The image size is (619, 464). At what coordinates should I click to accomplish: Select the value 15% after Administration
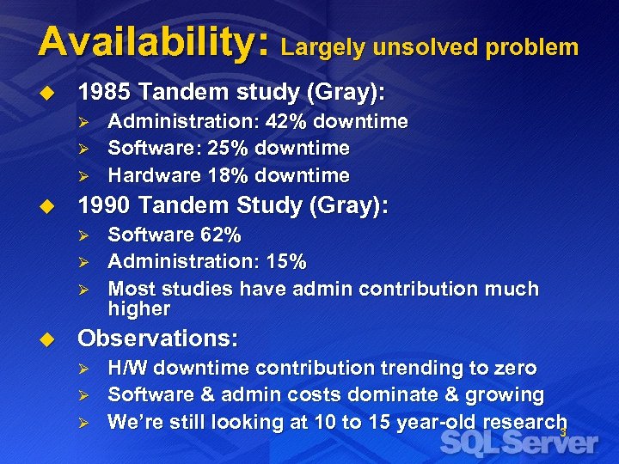(x=287, y=260)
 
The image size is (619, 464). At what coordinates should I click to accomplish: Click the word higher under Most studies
(x=139, y=308)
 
